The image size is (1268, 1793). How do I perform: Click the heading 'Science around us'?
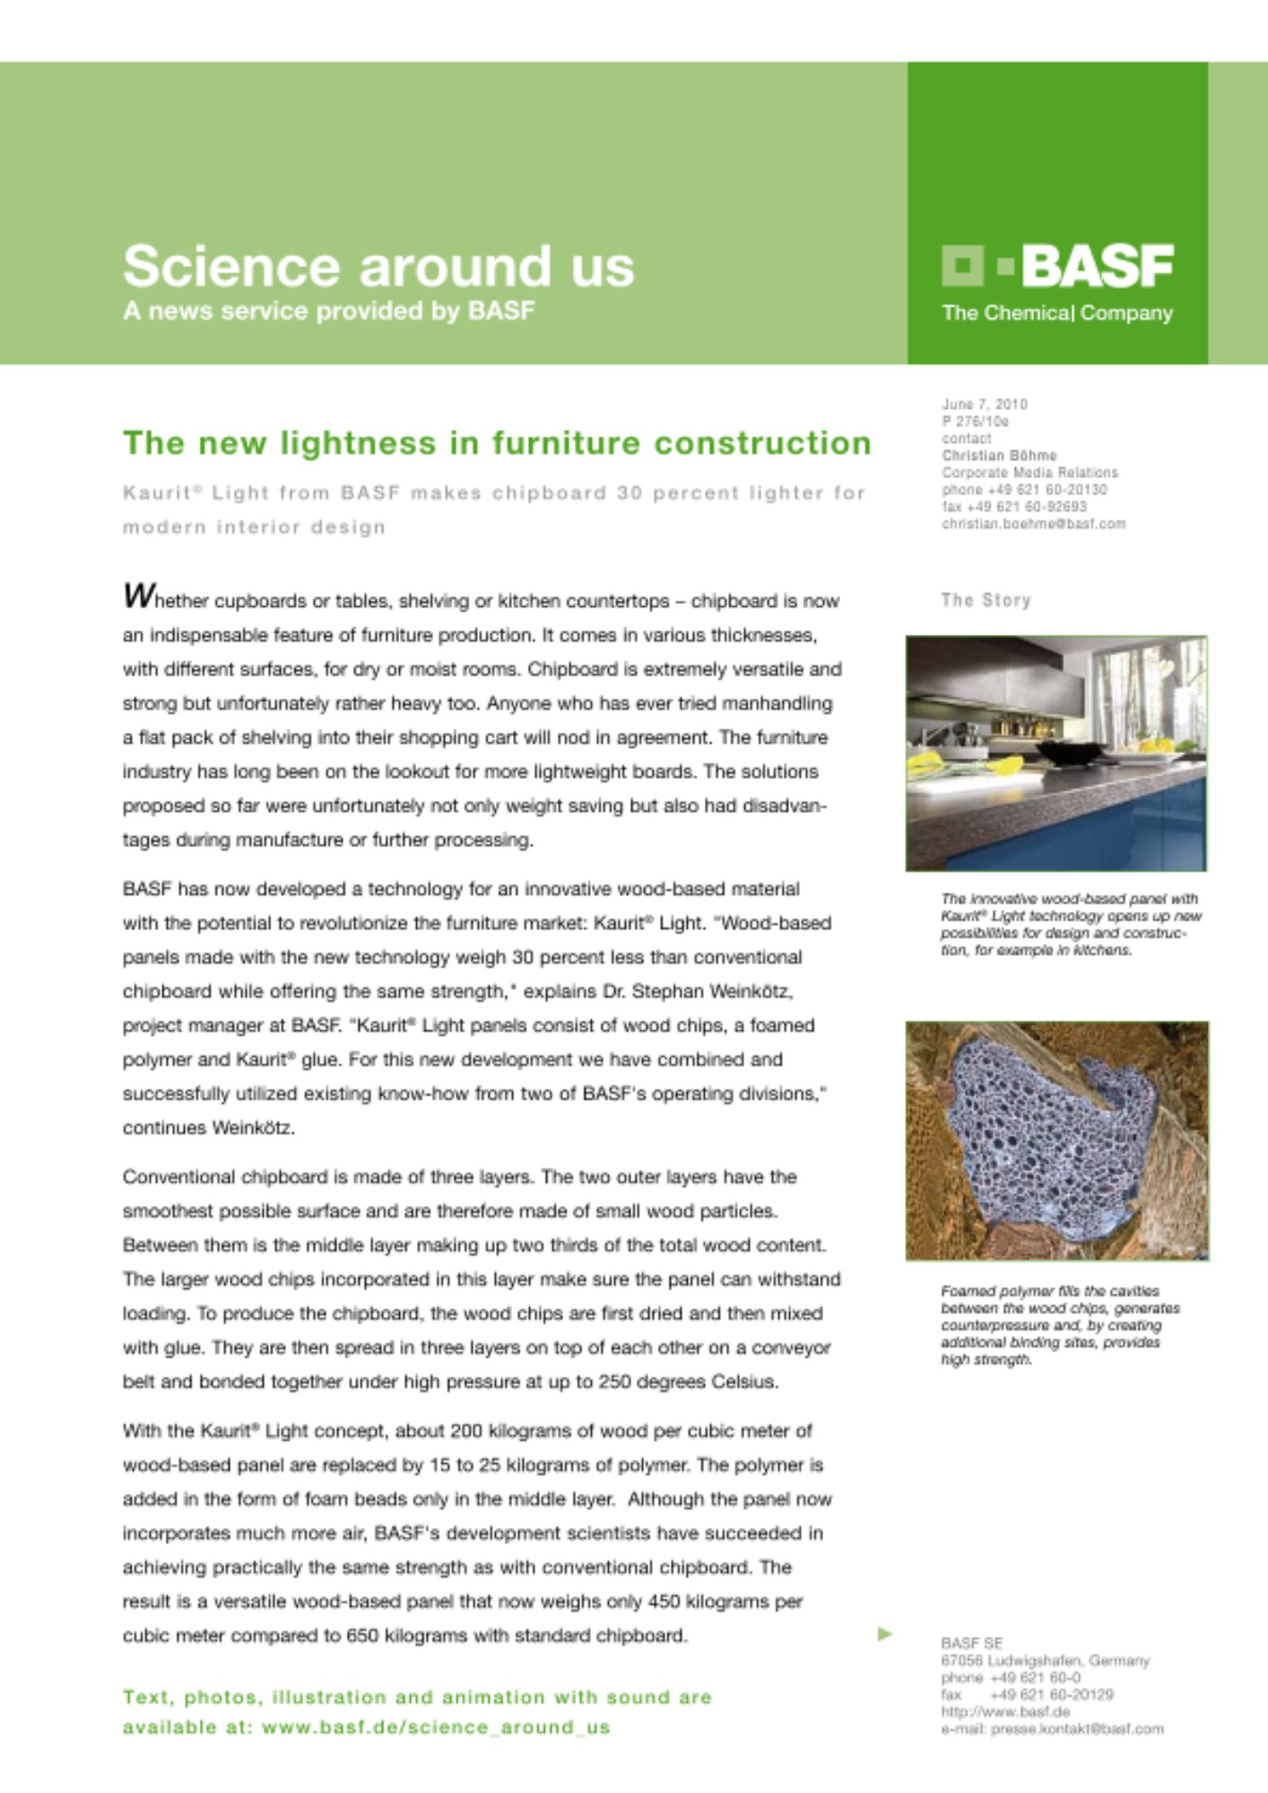tap(378, 266)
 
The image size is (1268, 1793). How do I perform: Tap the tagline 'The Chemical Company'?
tap(1056, 313)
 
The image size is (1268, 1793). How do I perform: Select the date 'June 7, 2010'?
tap(984, 404)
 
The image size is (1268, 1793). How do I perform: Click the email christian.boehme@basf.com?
tap(1033, 524)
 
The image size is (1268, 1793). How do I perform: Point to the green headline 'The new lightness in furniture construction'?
tap(497, 443)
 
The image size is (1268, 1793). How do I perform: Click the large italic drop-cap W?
tap(138, 595)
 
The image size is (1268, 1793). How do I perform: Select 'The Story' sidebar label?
tap(986, 600)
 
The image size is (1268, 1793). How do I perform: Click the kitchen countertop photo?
tap(1055, 753)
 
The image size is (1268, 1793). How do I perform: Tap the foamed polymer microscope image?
tap(1056, 1140)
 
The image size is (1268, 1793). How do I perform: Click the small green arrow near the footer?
tap(884, 1633)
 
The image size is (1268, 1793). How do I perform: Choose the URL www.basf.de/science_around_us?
tap(436, 1727)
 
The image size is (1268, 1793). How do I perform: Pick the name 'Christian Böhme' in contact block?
tap(999, 455)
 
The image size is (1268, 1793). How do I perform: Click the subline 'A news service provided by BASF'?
tap(328, 311)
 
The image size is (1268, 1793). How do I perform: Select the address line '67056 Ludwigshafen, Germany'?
tap(1045, 1660)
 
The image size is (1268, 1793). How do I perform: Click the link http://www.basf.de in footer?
tap(1005, 1711)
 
